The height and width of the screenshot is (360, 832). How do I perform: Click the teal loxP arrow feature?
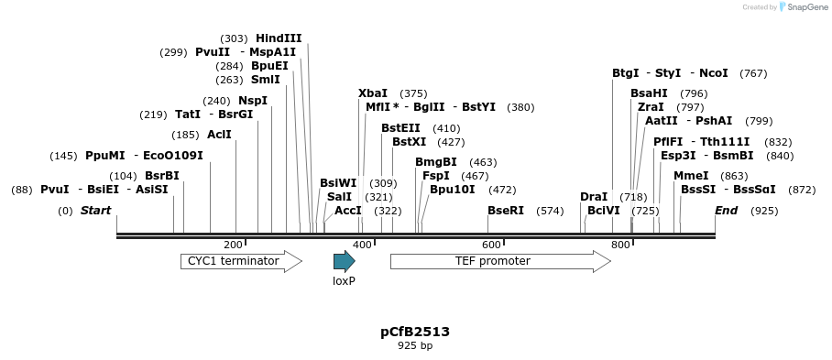(x=344, y=261)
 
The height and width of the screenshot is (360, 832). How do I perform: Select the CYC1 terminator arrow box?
(x=240, y=261)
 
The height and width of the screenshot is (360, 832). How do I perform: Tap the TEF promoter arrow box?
(x=499, y=261)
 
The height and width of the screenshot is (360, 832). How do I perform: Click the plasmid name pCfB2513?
(x=415, y=332)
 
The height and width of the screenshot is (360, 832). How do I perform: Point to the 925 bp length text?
(x=415, y=346)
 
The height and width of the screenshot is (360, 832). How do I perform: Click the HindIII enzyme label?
(x=279, y=38)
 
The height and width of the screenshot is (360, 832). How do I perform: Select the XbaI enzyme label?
(x=373, y=93)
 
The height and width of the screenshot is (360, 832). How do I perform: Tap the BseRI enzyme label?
(x=506, y=211)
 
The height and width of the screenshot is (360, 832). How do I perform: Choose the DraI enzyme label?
(x=594, y=197)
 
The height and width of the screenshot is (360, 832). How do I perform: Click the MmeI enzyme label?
(x=691, y=176)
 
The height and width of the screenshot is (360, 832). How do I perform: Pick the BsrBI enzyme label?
(x=162, y=176)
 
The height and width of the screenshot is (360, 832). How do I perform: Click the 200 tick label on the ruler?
(x=233, y=245)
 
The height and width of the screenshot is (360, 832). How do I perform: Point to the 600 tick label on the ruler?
(x=491, y=245)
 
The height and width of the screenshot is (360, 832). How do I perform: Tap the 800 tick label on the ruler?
(x=620, y=245)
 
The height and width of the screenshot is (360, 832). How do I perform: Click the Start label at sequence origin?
(x=95, y=211)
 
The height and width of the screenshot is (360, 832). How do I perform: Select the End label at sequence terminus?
(x=726, y=211)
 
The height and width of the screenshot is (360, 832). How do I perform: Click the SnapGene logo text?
(x=804, y=7)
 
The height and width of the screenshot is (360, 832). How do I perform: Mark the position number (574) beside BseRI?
(x=550, y=211)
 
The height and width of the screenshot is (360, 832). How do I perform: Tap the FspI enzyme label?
(x=436, y=176)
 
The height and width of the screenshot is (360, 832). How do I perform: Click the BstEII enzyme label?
(x=400, y=128)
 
